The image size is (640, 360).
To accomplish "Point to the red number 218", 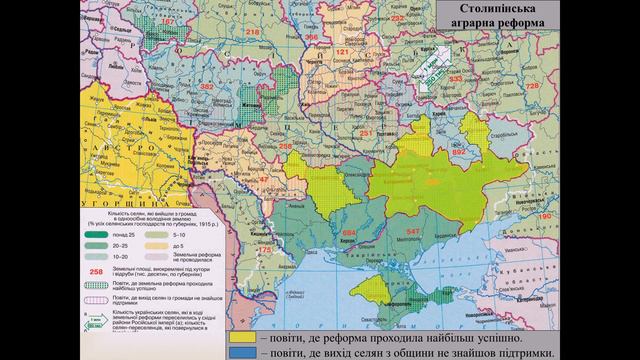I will point(251,33).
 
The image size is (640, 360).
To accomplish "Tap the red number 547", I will point(413,231).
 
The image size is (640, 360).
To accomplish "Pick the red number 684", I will point(348,233).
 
